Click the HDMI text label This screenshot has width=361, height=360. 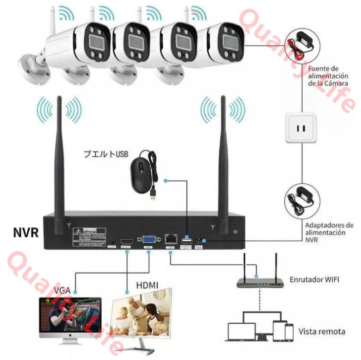(x=147, y=285)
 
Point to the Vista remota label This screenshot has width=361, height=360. (x=322, y=331)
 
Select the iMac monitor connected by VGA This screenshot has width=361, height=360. (x=70, y=318)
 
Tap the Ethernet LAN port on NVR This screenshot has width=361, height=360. (x=171, y=239)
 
